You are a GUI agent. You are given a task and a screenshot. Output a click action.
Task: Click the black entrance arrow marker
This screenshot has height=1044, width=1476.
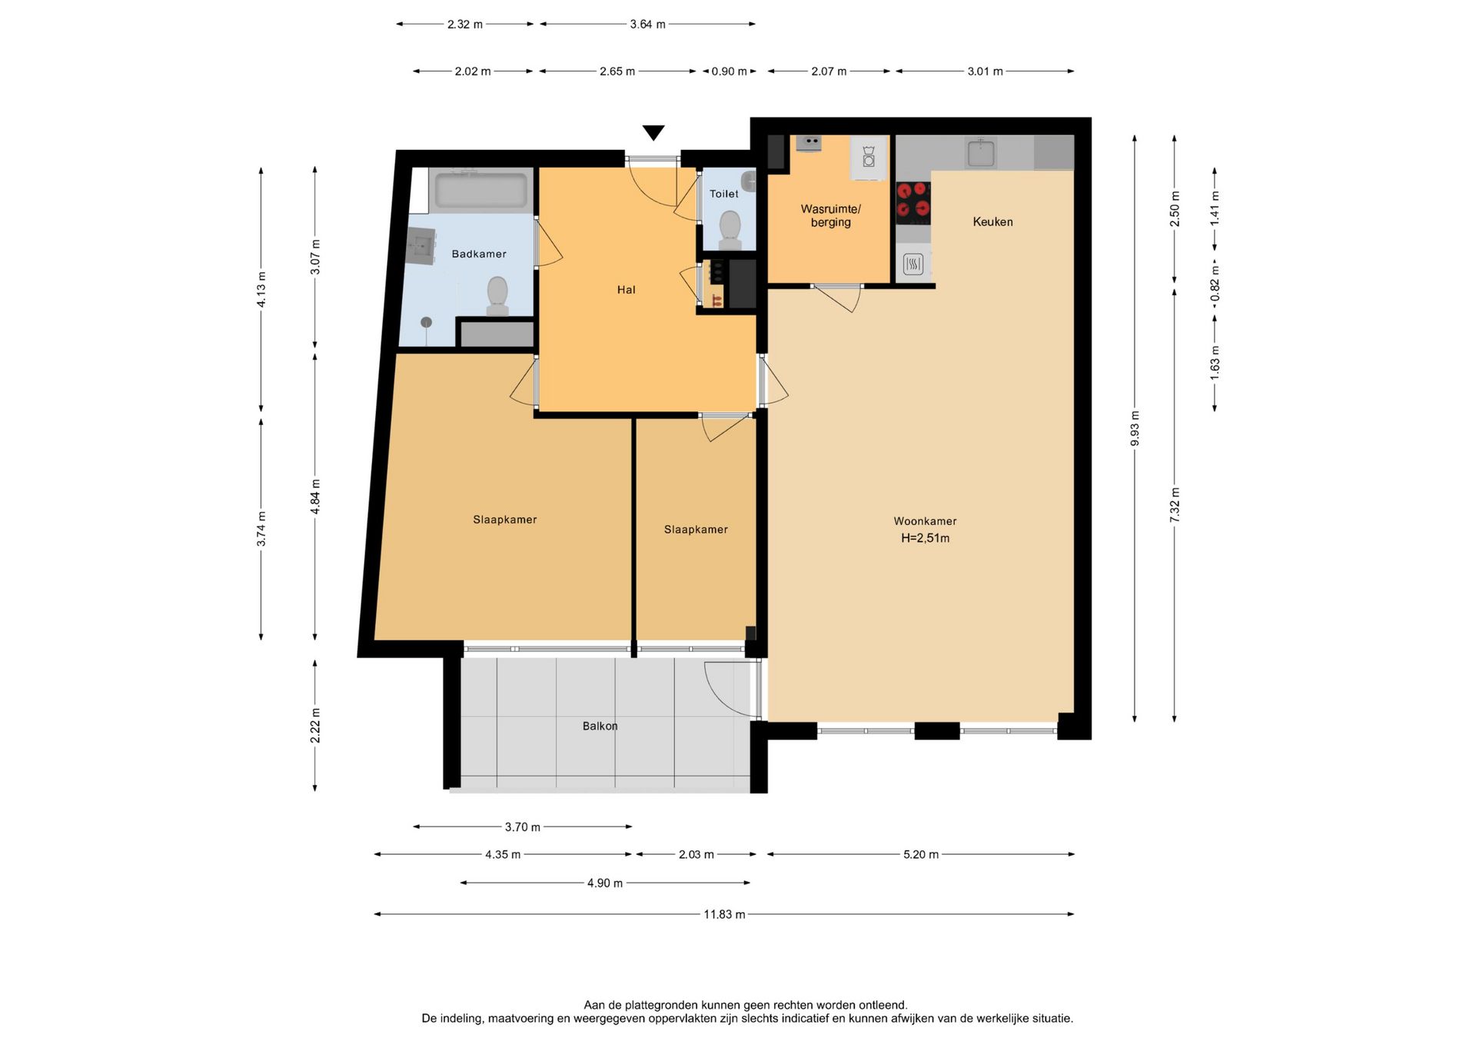tap(653, 132)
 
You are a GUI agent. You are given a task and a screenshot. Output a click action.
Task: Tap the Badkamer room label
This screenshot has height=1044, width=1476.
tap(479, 254)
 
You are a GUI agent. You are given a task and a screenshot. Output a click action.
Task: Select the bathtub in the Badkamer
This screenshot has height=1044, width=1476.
tap(481, 191)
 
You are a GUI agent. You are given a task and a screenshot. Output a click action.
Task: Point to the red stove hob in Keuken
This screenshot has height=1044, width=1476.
tap(913, 203)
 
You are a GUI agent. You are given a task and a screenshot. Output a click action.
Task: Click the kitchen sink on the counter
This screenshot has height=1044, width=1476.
tap(982, 152)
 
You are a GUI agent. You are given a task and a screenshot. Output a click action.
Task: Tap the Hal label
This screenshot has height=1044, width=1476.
tap(627, 290)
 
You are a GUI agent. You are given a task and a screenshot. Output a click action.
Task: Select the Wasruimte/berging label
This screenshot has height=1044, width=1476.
tap(831, 215)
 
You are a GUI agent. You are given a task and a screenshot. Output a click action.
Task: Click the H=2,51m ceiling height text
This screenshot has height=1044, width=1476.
tap(926, 538)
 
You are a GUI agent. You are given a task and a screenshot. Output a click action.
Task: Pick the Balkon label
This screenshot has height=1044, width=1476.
tap(600, 726)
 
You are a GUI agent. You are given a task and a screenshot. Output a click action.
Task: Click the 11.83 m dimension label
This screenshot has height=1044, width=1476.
tap(724, 914)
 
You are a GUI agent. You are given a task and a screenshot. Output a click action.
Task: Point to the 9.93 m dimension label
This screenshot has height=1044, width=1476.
tap(1135, 428)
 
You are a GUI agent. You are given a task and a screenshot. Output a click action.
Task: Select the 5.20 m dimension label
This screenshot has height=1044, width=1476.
tap(921, 854)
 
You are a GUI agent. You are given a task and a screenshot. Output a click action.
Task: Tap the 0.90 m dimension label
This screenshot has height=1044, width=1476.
tap(730, 71)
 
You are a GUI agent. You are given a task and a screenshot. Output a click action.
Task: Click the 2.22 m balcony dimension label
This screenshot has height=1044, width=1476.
tap(315, 726)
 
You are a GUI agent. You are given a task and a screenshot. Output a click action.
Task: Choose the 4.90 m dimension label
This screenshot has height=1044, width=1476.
tap(605, 883)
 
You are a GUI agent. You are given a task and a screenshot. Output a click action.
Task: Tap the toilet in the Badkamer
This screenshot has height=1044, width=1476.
tap(497, 296)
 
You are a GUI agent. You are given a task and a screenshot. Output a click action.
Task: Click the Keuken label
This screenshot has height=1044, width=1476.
tap(993, 221)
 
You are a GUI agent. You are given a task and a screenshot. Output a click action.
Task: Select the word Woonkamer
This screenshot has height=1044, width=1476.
tap(926, 521)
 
